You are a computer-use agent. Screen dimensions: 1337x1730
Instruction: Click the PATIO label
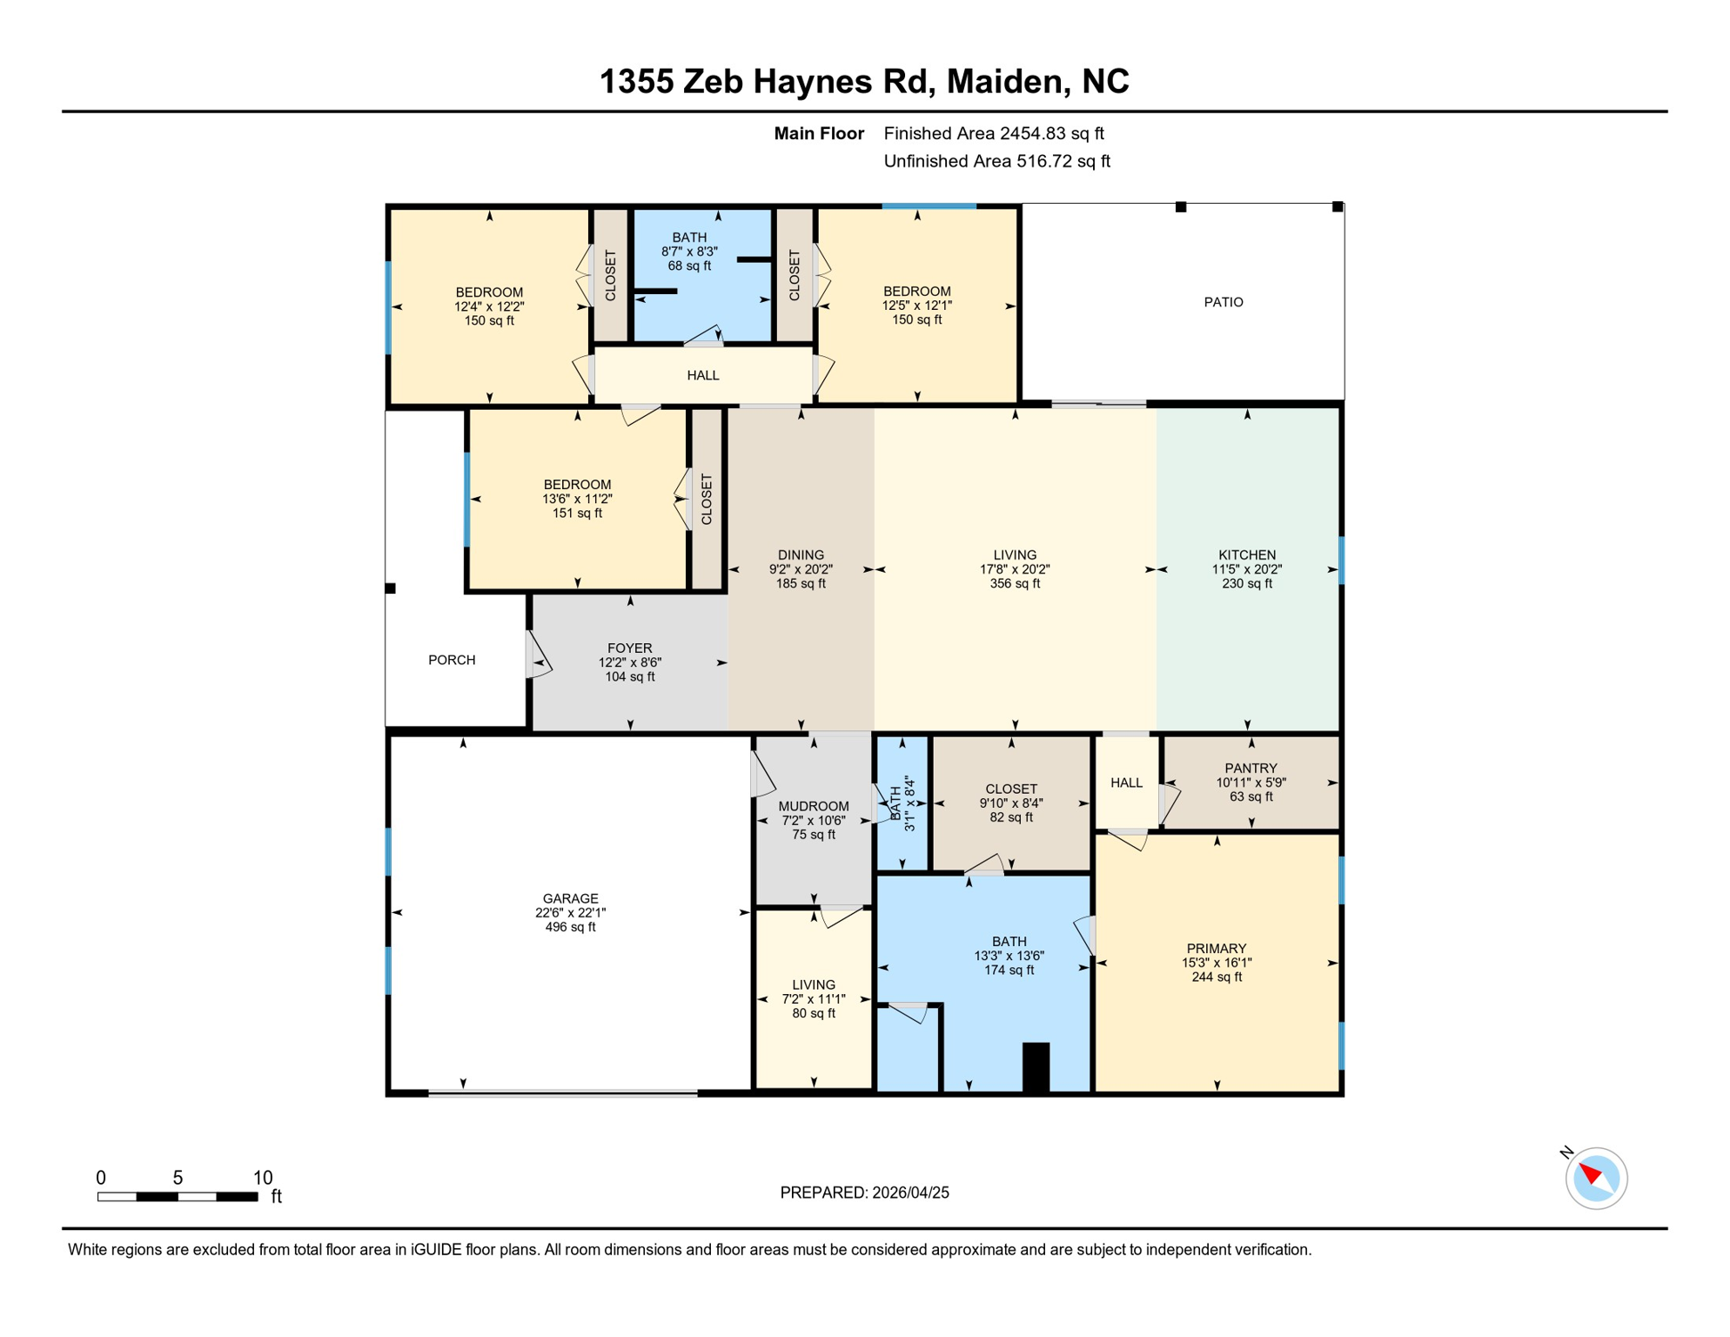coord(1223,302)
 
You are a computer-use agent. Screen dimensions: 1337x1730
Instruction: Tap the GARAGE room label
coord(570,912)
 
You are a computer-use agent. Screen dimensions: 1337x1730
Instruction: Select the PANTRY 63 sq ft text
coord(1251,783)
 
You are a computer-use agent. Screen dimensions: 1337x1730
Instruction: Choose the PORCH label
coord(452,660)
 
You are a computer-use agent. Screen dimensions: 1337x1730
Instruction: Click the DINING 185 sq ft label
coord(801,569)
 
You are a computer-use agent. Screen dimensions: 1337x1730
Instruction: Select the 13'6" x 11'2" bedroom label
coord(577,499)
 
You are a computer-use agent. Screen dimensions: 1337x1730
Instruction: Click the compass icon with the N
coord(1595,1178)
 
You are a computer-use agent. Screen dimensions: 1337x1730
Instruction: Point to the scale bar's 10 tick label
coord(262,1178)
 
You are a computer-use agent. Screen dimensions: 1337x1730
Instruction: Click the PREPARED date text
coord(864,1193)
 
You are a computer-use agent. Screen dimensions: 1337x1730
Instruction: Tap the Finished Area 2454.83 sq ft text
coord(993,133)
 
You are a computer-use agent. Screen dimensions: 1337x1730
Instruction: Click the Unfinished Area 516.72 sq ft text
coord(996,161)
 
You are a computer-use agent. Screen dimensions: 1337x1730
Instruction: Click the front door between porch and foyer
coord(537,655)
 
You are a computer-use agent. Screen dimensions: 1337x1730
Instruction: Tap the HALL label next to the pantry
coord(1126,783)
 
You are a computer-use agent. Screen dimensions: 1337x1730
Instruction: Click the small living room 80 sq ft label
coord(813,999)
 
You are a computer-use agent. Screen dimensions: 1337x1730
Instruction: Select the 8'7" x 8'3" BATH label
coord(688,252)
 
